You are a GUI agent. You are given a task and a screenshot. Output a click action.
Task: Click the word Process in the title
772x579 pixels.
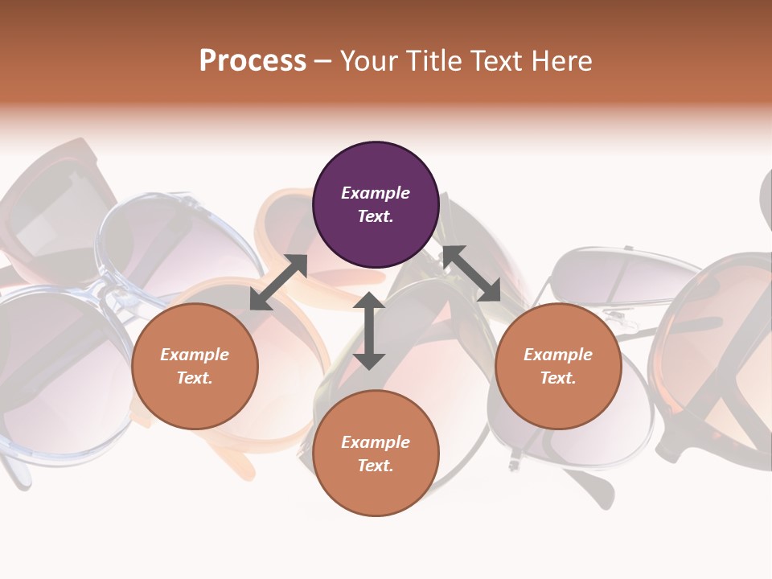coord(253,61)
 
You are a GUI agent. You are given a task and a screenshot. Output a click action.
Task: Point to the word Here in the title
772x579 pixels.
coord(561,61)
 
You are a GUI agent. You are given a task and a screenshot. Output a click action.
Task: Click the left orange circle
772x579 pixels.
coord(195,366)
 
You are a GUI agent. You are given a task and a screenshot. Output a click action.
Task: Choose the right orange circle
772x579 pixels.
coord(558,366)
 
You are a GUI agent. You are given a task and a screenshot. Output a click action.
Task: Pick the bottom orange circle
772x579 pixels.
coord(376,454)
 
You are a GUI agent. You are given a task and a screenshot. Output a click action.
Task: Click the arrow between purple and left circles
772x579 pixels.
coord(278,282)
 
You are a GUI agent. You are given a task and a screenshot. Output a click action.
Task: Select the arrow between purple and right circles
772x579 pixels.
coord(471,273)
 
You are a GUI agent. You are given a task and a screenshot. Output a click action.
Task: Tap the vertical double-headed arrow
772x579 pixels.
coord(369,331)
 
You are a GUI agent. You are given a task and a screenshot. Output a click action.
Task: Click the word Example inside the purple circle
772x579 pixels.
coord(376,193)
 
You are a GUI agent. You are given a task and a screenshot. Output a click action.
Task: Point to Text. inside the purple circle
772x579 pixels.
coord(376,217)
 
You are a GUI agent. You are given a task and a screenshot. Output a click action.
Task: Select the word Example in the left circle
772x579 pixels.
coord(195,355)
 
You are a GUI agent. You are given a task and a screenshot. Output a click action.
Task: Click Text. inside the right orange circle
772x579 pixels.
coord(558,378)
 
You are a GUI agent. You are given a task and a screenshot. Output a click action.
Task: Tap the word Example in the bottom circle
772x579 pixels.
coord(376,442)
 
